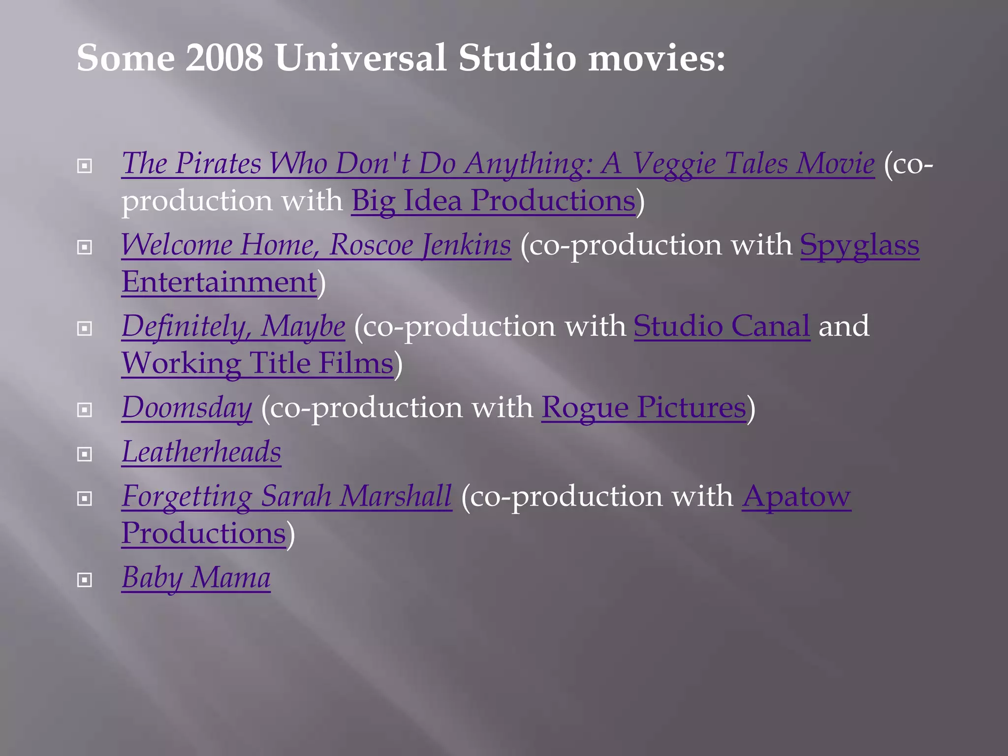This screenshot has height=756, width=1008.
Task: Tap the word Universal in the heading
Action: coord(361,58)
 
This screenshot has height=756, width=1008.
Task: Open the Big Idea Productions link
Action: coord(493,201)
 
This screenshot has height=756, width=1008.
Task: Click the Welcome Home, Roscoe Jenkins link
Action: coord(316,245)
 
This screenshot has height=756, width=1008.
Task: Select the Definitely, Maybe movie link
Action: coord(233,326)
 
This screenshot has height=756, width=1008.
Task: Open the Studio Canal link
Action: coord(722,326)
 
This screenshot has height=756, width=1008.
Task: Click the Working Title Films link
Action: coord(257,363)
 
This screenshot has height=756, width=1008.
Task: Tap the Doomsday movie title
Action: coord(187,408)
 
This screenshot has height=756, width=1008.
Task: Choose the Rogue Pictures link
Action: coord(644,408)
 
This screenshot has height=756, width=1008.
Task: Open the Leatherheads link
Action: coord(201,452)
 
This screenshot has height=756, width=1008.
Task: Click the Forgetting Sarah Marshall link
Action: coord(286,496)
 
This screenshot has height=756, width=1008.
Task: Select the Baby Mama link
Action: coord(196,577)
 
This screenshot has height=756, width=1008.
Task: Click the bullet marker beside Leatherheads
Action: coord(85,454)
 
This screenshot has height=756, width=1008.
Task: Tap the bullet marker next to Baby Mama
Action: coord(85,580)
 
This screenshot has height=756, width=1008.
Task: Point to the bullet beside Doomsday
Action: coord(85,409)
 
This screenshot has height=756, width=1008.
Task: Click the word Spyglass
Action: coord(859,245)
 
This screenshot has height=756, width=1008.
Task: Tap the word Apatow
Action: coord(796,496)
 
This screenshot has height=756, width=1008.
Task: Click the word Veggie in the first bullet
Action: coord(673,163)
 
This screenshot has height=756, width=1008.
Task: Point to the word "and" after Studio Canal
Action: coord(844,326)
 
